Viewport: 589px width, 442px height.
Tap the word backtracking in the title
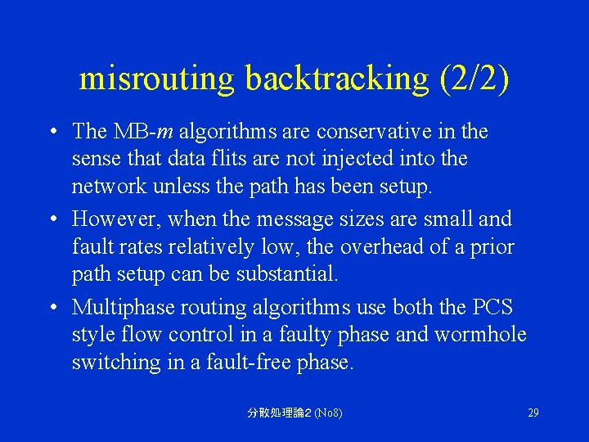(x=336, y=79)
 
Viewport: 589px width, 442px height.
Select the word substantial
(x=286, y=273)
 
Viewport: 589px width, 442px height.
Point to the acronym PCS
(x=492, y=308)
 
